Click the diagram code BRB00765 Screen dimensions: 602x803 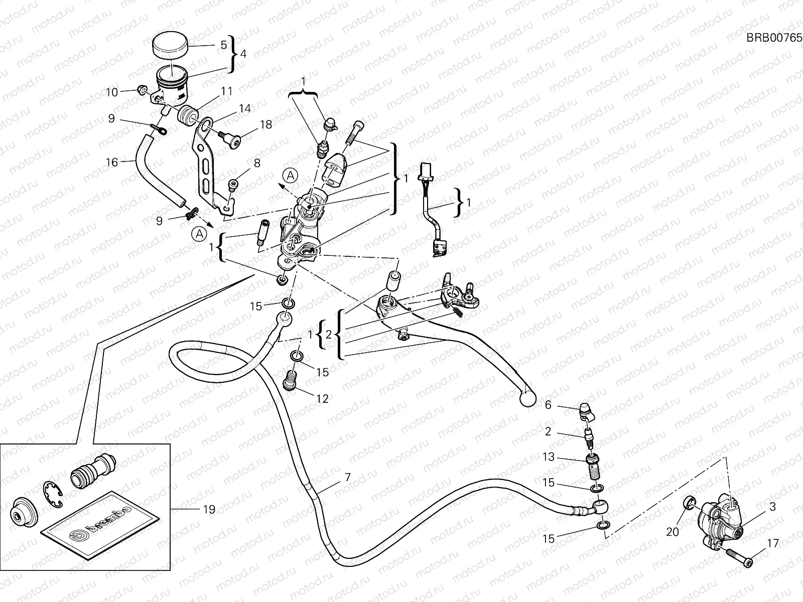[x=774, y=38]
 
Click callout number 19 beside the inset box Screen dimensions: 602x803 [x=209, y=510]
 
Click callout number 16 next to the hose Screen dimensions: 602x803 [x=111, y=162]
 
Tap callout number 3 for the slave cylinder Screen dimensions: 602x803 [x=772, y=507]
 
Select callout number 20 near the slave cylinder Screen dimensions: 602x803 [x=672, y=531]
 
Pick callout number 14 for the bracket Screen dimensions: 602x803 [x=244, y=108]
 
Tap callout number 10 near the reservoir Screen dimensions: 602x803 [x=111, y=92]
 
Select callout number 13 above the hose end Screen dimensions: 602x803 [x=549, y=457]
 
